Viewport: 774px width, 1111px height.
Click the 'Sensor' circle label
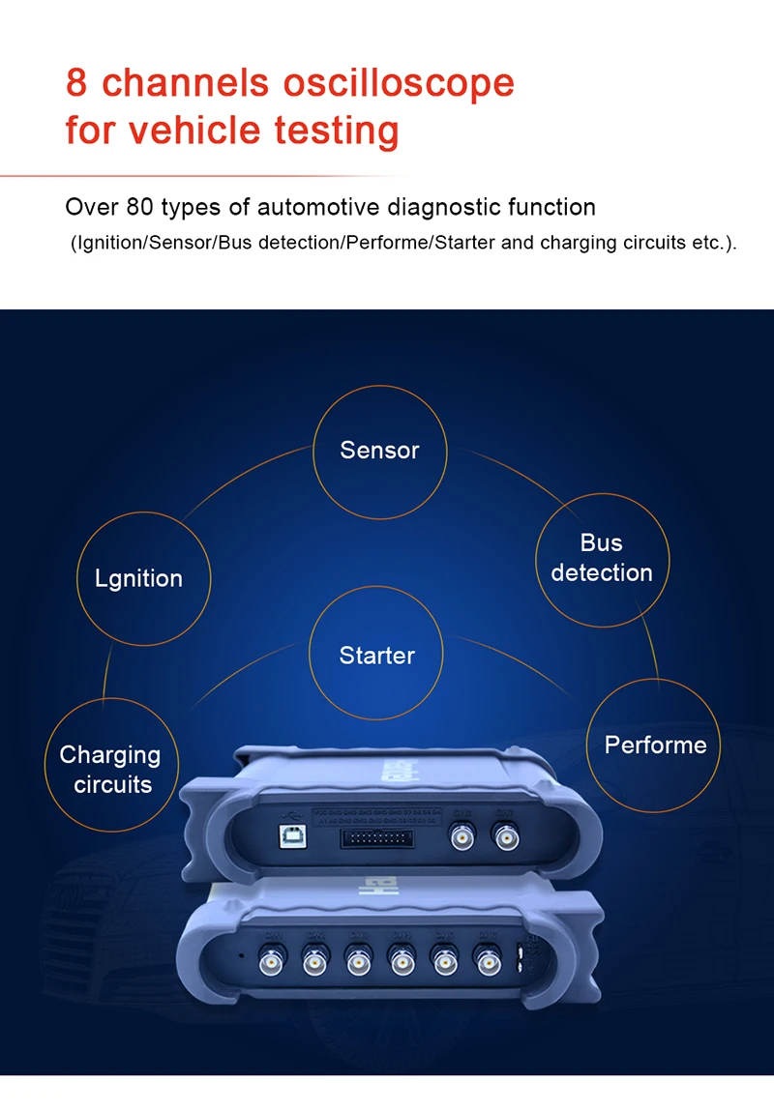point(379,450)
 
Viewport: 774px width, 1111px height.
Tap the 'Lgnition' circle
point(138,578)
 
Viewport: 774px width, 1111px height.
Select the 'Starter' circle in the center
point(376,656)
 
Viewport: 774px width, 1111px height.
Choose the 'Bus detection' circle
point(602,558)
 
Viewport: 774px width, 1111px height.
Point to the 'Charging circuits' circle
point(111,769)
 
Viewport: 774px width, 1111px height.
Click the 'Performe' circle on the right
point(655,745)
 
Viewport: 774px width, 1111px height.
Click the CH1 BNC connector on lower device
point(272,961)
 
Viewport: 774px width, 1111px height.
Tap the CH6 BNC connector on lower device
point(487,961)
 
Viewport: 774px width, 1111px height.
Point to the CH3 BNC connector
point(359,961)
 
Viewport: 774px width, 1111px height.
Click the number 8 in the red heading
point(76,83)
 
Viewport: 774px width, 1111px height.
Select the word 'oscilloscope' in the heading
point(399,83)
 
